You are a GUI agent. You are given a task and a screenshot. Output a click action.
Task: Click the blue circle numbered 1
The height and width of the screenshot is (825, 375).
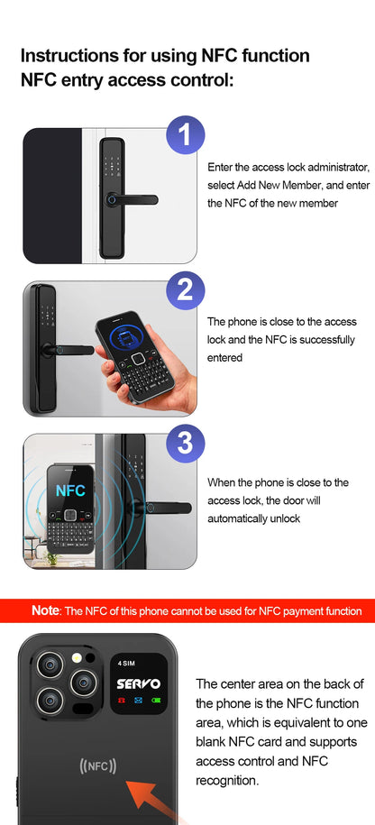click(x=185, y=136)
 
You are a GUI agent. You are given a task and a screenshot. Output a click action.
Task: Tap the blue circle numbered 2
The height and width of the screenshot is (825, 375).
click(x=185, y=290)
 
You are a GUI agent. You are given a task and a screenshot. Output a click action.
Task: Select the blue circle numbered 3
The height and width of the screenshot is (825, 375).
click(x=185, y=443)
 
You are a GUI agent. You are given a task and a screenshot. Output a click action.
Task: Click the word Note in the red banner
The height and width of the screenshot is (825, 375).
click(x=45, y=610)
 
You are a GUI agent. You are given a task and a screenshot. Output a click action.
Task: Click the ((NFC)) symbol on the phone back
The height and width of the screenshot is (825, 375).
click(x=98, y=766)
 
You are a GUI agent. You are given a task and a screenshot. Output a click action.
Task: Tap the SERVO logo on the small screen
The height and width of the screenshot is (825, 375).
click(x=138, y=683)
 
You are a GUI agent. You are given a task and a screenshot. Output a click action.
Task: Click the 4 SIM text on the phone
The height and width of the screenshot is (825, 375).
click(x=126, y=664)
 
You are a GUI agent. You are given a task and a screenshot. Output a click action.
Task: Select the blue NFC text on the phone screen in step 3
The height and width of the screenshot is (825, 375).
click(x=70, y=491)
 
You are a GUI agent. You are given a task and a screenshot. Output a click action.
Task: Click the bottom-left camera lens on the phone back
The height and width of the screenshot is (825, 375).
click(x=51, y=699)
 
